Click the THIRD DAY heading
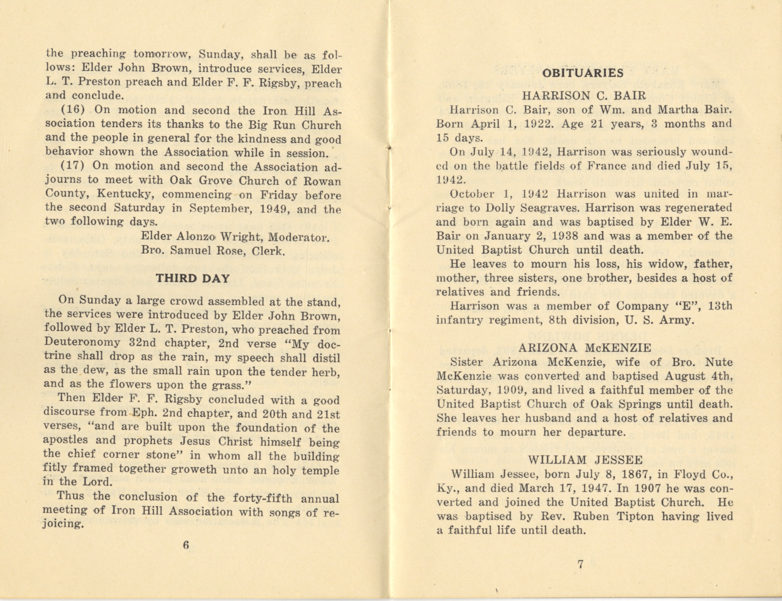[x=193, y=278]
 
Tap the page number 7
[x=581, y=564]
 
